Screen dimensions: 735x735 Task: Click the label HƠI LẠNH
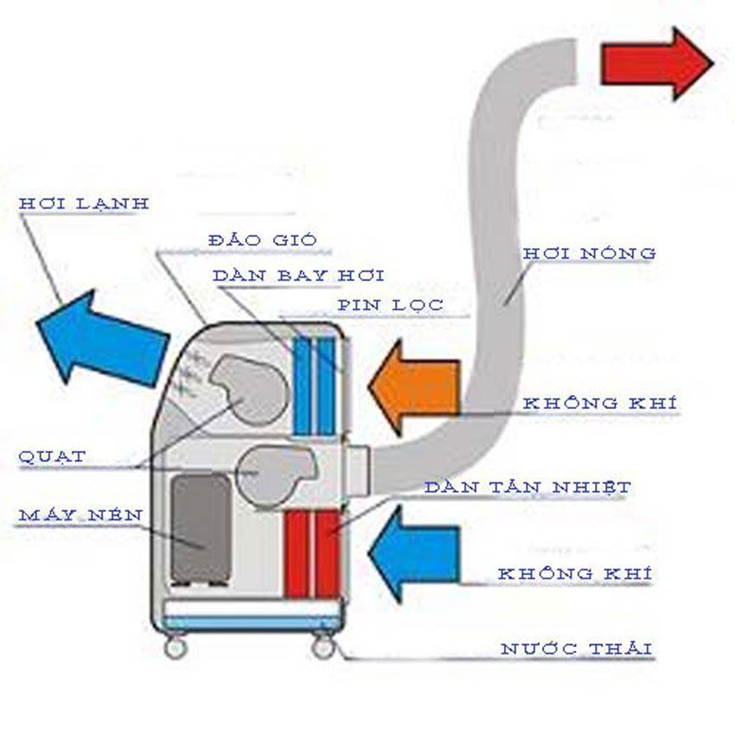click(x=84, y=203)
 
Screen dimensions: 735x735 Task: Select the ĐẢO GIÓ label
click(x=251, y=240)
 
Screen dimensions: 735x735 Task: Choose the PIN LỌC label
click(x=390, y=304)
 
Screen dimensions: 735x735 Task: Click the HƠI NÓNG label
click(x=589, y=253)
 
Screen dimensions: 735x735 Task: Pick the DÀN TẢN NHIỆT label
click(x=527, y=488)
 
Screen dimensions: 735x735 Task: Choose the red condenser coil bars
click(x=311, y=553)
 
